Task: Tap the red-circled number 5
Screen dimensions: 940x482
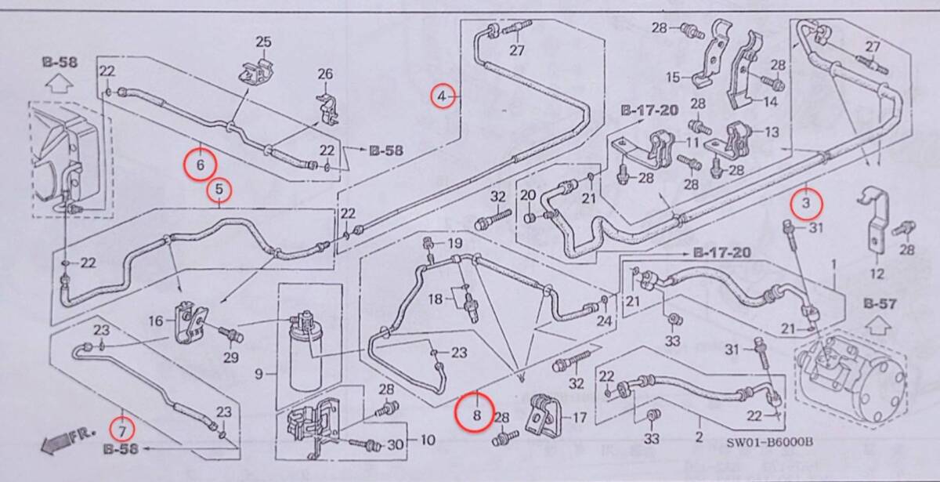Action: pyautogui.click(x=219, y=189)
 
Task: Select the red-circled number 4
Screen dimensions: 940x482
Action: pyautogui.click(x=443, y=96)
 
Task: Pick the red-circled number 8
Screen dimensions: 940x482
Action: pyautogui.click(x=476, y=408)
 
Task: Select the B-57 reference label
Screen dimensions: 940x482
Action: pyautogui.click(x=879, y=303)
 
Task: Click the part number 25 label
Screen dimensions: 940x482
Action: pyautogui.click(x=263, y=42)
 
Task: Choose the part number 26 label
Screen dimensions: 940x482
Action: pyautogui.click(x=325, y=74)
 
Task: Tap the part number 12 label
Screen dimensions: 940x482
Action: pyautogui.click(x=877, y=274)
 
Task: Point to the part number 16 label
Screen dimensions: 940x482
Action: pyautogui.click(x=155, y=321)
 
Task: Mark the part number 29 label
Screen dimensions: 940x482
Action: pyautogui.click(x=230, y=358)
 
